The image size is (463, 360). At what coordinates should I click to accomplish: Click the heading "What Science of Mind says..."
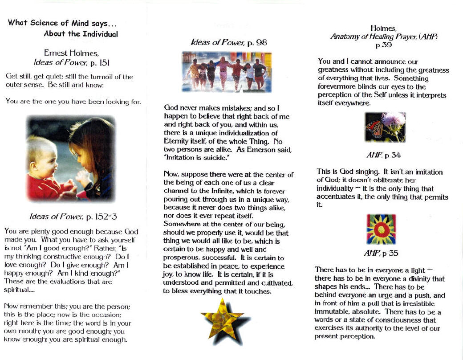point(62,23)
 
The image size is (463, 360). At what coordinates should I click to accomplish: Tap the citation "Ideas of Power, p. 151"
point(71,61)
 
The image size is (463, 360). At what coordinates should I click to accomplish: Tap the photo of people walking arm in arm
point(227,71)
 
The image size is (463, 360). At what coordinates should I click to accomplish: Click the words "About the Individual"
point(81,33)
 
